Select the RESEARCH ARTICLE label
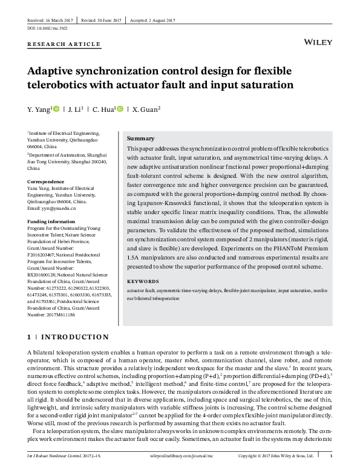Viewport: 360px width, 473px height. pos(64,45)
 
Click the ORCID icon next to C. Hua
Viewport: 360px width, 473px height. pos(120,109)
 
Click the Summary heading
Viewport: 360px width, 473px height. pos(140,139)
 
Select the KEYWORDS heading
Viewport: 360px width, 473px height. pos(143,281)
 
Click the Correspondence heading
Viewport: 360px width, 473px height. pos(46,181)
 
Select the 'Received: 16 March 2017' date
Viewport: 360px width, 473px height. pos(55,21)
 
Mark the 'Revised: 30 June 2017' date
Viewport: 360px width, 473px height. pos(104,21)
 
